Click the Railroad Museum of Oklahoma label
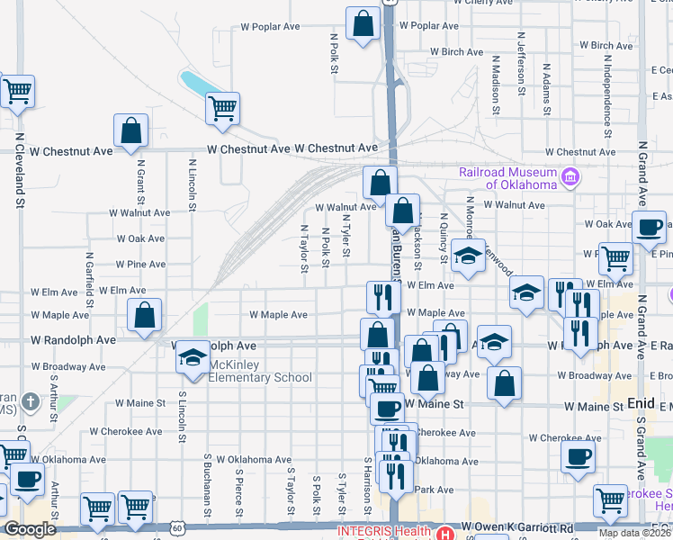click(x=508, y=177)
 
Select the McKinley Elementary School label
click(x=261, y=371)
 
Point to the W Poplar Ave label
click(x=270, y=27)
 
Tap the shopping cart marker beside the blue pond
click(x=222, y=109)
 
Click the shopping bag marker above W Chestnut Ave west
click(x=131, y=131)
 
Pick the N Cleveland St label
click(x=19, y=171)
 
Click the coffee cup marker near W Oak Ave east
click(x=650, y=229)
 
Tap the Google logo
click(x=30, y=529)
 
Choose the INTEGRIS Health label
click(x=384, y=531)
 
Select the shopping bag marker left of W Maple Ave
click(x=144, y=316)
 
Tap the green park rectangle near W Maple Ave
click(x=201, y=317)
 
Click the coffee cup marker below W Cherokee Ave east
click(x=578, y=457)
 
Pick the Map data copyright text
click(x=634, y=533)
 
